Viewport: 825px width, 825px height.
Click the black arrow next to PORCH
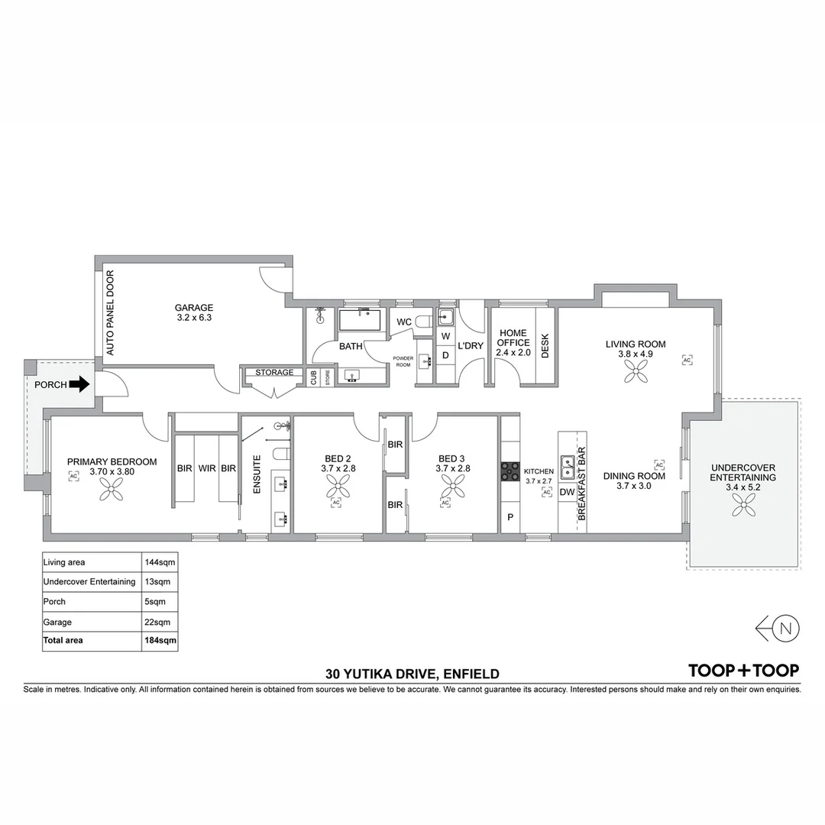tap(79, 384)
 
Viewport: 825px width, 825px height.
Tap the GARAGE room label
tap(194, 307)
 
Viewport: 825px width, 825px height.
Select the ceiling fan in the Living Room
tap(636, 371)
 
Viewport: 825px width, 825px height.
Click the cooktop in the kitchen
tap(510, 471)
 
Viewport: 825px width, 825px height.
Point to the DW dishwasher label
tap(567, 493)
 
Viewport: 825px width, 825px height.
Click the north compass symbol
tap(778, 628)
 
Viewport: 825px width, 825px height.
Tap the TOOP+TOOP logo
tap(744, 671)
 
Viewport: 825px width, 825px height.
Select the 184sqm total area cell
tap(160, 640)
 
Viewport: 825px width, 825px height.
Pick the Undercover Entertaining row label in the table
tap(89, 581)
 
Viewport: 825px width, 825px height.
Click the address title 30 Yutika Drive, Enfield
tap(412, 674)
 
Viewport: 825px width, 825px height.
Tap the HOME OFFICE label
tap(513, 338)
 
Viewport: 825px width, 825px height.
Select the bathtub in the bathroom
tap(360, 320)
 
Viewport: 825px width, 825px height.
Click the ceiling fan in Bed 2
tap(338, 486)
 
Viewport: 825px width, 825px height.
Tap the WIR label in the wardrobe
tap(207, 468)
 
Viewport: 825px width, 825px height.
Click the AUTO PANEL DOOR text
tap(110, 313)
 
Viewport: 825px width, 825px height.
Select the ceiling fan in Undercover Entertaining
tap(743, 505)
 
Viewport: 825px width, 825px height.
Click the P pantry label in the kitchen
tap(510, 517)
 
